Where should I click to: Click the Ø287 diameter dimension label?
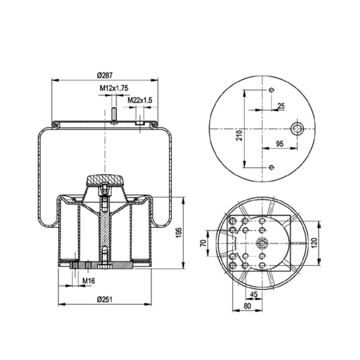105,75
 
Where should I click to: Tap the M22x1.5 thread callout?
140,100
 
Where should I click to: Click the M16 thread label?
89,280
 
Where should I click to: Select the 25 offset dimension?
281,105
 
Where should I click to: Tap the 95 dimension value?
279,143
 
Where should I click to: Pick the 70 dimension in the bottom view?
203,243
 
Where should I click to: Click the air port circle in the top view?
297,129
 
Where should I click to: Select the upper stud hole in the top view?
271,90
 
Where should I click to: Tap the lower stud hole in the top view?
271,167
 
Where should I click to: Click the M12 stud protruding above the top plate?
114,115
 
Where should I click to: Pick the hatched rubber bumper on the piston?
104,179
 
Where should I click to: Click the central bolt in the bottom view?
262,244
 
